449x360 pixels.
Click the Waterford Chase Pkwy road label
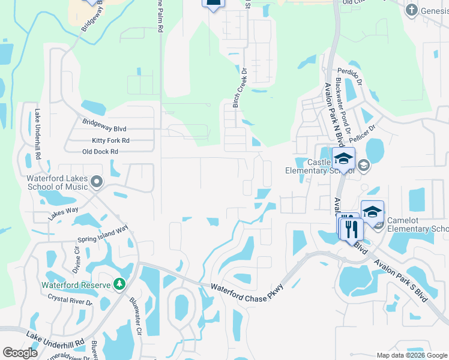click(247, 290)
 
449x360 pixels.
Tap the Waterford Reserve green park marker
click(119, 283)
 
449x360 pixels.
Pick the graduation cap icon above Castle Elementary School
click(343, 158)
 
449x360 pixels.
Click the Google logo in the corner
click(20, 353)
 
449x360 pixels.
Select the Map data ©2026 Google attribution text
click(412, 355)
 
